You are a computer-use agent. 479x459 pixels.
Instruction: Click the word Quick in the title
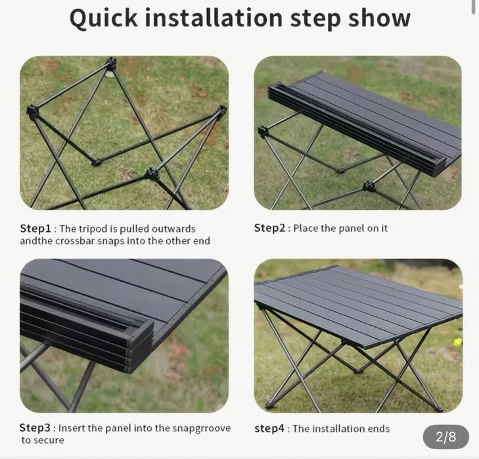(x=104, y=19)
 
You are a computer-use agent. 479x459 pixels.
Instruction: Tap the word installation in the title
(x=214, y=18)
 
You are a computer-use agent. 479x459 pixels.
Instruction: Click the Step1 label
(x=35, y=229)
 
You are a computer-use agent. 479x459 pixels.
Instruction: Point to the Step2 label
(x=270, y=228)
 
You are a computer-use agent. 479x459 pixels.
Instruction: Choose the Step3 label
(x=35, y=427)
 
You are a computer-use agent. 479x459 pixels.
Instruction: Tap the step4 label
(x=269, y=428)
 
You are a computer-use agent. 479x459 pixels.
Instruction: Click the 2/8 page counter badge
(x=445, y=437)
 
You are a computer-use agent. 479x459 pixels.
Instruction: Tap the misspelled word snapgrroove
(x=202, y=428)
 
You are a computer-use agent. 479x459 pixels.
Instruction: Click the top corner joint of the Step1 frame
(x=110, y=64)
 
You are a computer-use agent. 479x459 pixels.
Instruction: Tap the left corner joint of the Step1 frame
(x=32, y=112)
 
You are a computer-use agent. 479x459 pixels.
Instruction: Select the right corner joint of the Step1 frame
(x=222, y=110)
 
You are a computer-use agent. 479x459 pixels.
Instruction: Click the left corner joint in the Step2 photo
(x=263, y=131)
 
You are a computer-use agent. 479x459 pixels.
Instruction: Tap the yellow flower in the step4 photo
(x=457, y=342)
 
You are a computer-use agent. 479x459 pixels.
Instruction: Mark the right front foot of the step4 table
(x=440, y=408)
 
